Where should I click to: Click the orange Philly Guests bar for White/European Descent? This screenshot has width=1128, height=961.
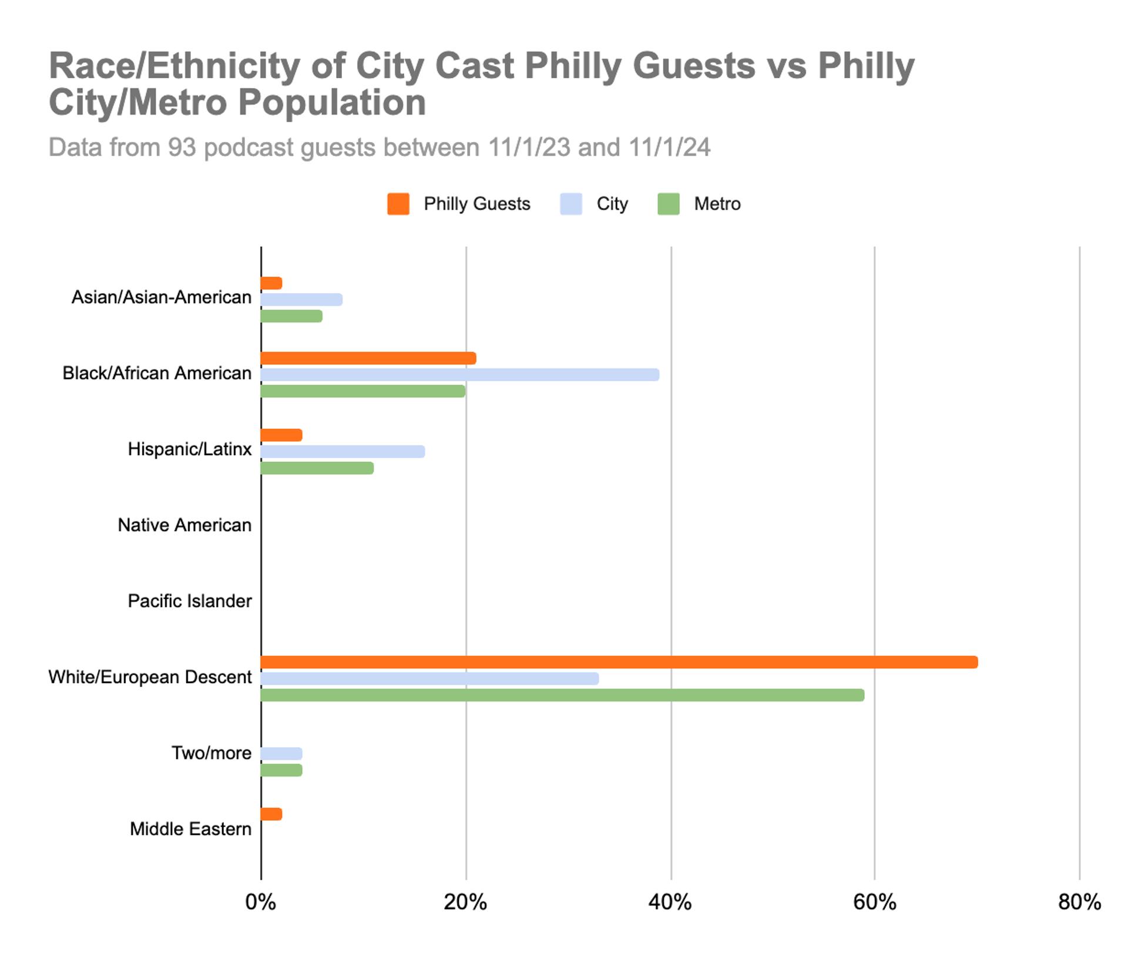[x=619, y=662]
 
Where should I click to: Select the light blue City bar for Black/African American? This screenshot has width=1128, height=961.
[x=459, y=375]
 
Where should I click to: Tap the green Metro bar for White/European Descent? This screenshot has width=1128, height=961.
[x=562, y=695]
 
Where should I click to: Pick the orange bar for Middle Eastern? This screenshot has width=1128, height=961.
[x=271, y=814]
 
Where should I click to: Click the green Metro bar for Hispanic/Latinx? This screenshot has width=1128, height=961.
[x=317, y=468]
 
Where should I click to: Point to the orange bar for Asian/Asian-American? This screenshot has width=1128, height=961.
[x=271, y=283]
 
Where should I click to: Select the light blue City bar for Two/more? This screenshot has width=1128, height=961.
[x=281, y=754]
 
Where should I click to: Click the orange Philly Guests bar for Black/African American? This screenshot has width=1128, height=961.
[x=368, y=358]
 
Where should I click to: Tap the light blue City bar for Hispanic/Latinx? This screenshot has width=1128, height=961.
[x=343, y=452]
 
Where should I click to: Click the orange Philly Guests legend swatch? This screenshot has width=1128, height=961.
[x=398, y=204]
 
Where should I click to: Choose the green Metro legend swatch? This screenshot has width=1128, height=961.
[x=669, y=204]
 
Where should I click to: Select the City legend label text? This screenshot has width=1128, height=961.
[x=612, y=204]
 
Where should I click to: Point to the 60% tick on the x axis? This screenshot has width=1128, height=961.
[x=875, y=902]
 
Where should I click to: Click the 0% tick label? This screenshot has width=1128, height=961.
[x=261, y=902]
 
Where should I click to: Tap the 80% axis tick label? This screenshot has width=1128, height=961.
[x=1079, y=902]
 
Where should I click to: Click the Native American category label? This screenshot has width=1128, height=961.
[x=184, y=525]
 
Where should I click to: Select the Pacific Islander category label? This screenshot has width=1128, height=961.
[x=190, y=601]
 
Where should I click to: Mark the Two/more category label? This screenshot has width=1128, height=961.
[x=211, y=753]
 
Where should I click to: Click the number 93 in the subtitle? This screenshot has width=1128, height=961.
[x=182, y=147]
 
